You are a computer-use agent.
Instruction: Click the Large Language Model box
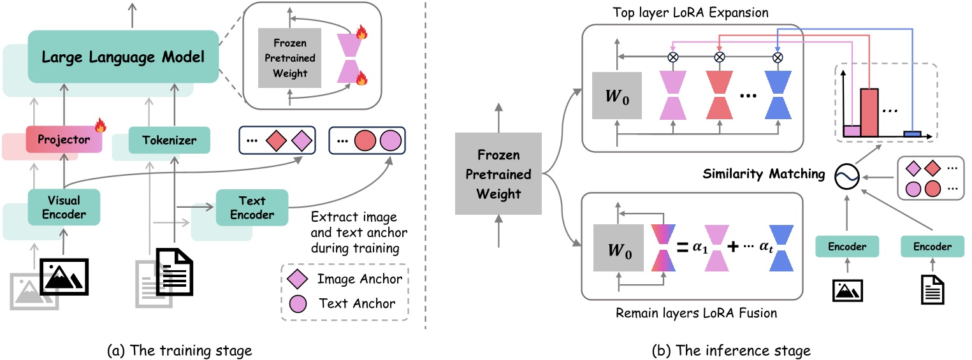point(122,57)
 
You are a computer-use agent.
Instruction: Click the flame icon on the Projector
point(100,125)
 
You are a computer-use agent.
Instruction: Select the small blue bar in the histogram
point(913,133)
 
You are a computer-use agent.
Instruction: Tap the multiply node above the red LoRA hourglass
point(719,57)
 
